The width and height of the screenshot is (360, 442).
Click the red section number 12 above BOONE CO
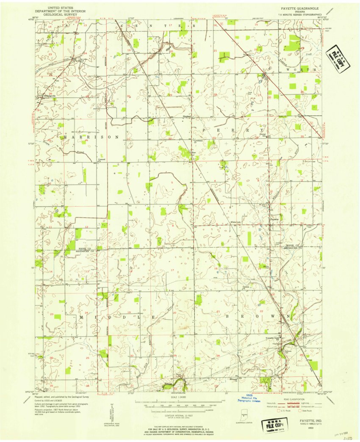tap(86, 227)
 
